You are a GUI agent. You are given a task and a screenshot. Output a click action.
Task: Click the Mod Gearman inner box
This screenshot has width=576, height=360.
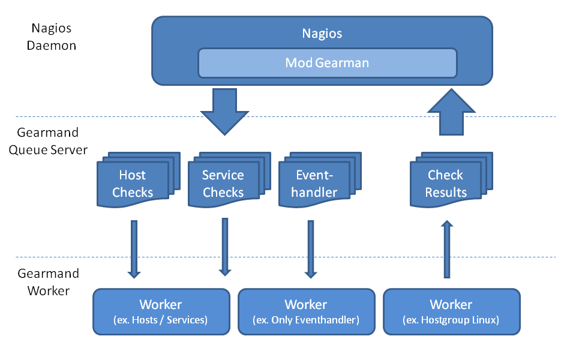click(327, 62)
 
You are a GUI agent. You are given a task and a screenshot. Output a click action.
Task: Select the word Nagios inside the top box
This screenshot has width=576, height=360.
click(322, 34)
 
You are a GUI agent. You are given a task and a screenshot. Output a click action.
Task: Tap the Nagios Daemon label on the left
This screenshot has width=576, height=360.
click(52, 36)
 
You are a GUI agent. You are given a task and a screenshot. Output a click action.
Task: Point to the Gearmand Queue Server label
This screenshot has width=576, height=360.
click(48, 141)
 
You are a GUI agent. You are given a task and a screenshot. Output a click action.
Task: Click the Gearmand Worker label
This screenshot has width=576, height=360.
click(48, 282)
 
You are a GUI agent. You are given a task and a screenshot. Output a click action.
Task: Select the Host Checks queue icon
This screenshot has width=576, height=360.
click(133, 184)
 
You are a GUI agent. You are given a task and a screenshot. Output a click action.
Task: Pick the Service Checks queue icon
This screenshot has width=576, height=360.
click(223, 184)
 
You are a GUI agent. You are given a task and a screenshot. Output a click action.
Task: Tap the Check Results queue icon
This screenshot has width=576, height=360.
click(446, 184)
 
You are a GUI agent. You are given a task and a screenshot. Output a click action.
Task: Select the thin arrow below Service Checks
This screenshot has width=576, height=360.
click(225, 247)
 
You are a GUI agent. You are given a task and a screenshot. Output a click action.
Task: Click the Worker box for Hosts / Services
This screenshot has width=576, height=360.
click(161, 311)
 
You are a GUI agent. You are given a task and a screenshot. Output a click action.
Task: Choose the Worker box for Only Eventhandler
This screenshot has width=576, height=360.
click(306, 311)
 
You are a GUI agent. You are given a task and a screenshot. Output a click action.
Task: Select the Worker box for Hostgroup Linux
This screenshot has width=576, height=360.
click(451, 311)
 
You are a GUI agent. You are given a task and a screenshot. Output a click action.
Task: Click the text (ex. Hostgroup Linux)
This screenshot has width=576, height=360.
click(451, 320)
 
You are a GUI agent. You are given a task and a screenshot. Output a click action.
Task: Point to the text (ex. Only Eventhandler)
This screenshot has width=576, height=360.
click(306, 320)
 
